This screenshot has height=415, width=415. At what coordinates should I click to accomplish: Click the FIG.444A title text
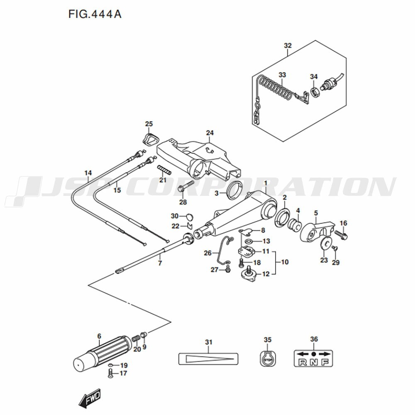click(x=95, y=14)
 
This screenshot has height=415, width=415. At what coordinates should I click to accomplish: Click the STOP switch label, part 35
click(x=268, y=359)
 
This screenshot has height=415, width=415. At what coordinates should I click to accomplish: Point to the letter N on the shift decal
click(x=313, y=362)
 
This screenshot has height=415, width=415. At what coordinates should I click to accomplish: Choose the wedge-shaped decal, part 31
click(x=208, y=359)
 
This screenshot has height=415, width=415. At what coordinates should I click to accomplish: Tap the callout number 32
click(x=288, y=46)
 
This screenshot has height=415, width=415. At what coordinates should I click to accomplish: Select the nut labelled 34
click(x=315, y=92)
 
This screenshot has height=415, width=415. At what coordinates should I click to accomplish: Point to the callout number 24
click(x=210, y=133)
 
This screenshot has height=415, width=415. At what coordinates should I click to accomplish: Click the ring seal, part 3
click(x=234, y=190)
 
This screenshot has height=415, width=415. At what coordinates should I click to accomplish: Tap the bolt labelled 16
click(x=341, y=235)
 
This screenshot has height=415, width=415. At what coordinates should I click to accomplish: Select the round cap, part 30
click(x=190, y=217)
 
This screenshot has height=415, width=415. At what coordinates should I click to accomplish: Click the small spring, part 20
click(x=136, y=339)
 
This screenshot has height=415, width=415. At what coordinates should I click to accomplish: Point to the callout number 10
click(x=285, y=262)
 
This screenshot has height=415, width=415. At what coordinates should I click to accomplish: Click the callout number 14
click(x=88, y=173)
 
